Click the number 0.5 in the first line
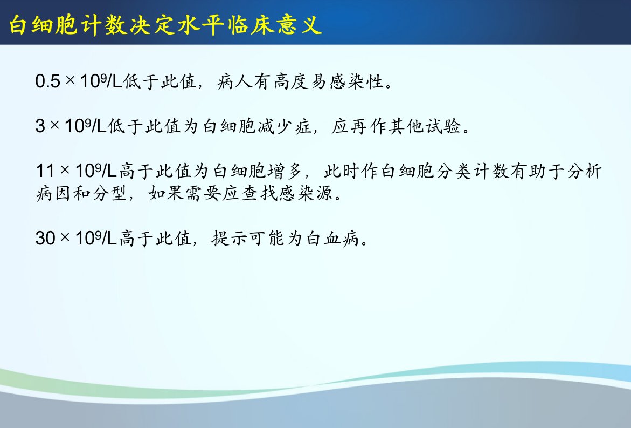tap(47, 81)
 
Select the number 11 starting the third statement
tap(45, 171)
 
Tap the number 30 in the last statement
tap(45, 238)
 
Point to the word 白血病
tap(333, 238)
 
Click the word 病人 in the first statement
tap(235, 81)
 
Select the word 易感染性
tap(347, 81)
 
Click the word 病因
tap(53, 193)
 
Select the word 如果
tap(166, 193)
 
